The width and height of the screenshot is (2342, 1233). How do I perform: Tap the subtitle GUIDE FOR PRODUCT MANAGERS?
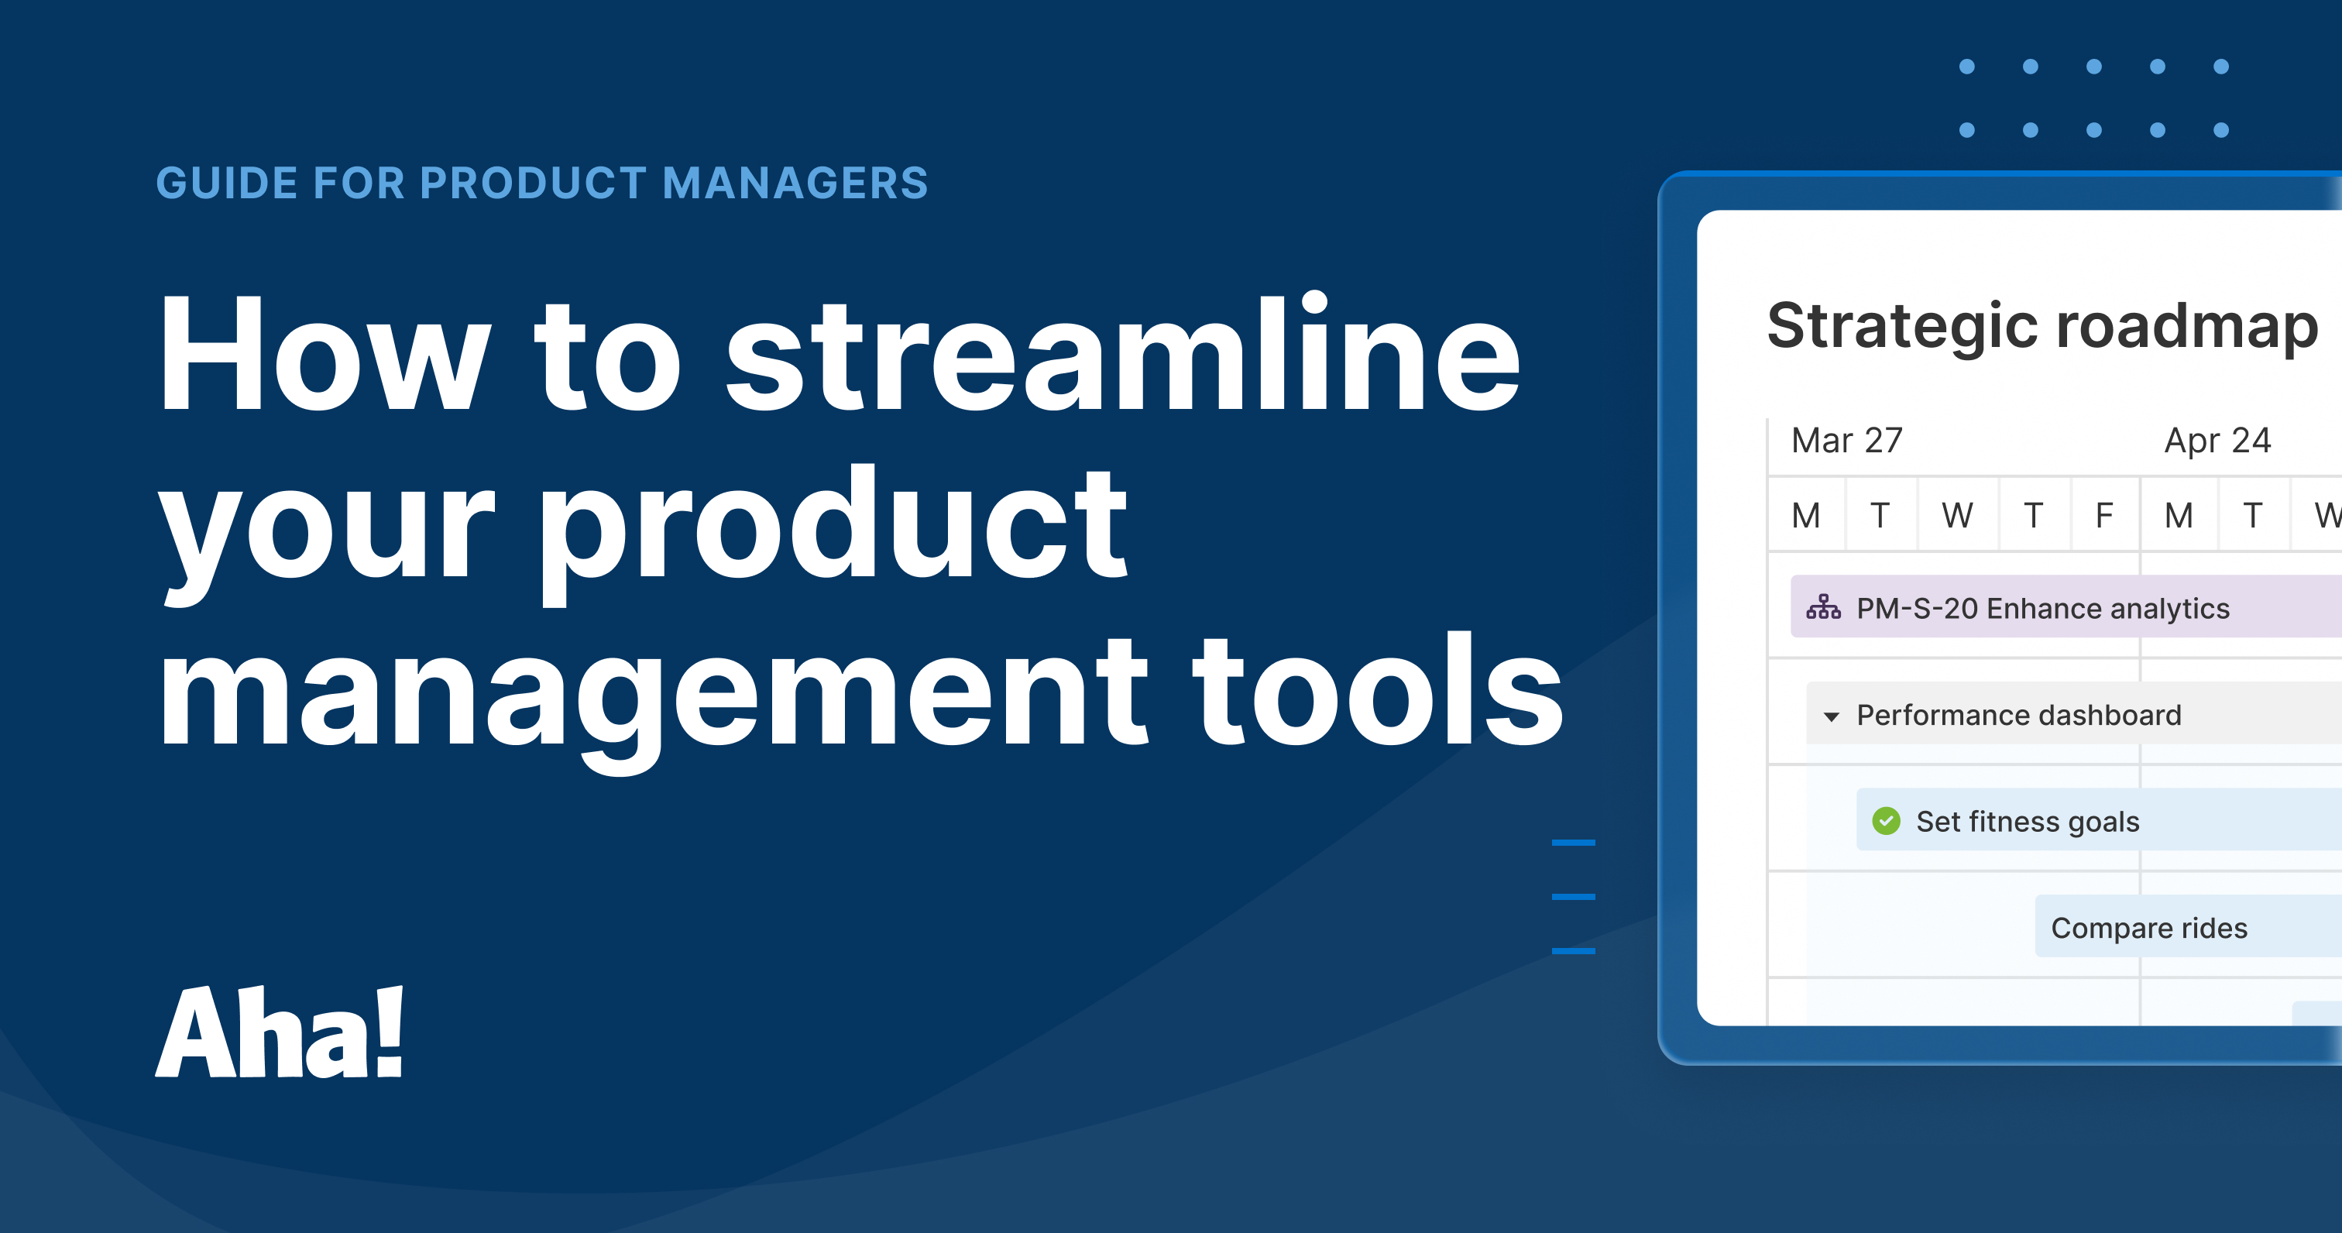click(542, 183)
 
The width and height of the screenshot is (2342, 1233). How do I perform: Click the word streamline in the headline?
click(1122, 356)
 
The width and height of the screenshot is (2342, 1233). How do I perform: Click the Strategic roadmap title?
click(2042, 325)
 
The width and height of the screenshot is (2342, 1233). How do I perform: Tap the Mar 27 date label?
click(1846, 441)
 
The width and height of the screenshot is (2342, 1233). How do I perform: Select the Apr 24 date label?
click(2217, 441)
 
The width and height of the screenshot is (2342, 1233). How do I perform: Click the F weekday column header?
click(2103, 516)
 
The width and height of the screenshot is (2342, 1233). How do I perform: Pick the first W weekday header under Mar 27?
click(1957, 516)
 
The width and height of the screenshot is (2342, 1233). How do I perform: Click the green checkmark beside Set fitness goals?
click(1887, 821)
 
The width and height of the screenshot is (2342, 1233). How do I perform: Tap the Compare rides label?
click(2149, 928)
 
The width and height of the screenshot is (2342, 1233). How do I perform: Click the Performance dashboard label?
click(2018, 715)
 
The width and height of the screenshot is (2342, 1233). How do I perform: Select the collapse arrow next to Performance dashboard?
click(1832, 716)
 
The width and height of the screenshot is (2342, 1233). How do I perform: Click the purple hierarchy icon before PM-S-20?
click(1823, 606)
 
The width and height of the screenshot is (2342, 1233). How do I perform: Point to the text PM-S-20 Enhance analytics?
click(2043, 608)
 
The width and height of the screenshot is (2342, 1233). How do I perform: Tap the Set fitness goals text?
click(2028, 821)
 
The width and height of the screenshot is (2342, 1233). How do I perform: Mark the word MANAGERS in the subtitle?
click(795, 183)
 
